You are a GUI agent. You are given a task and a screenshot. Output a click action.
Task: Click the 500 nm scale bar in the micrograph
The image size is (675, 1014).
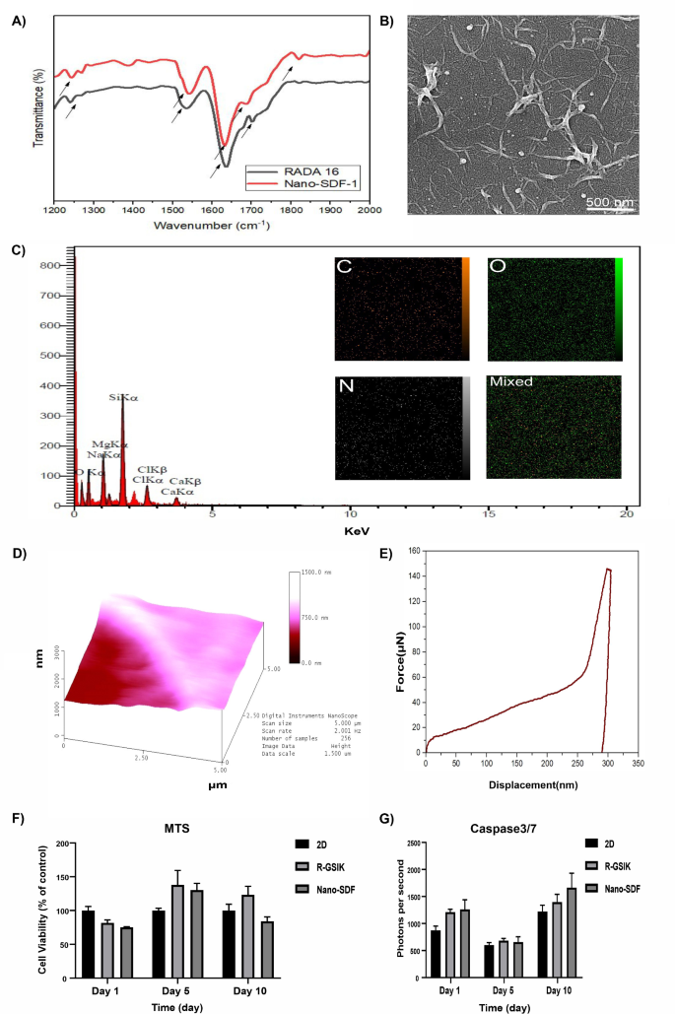coord(610,202)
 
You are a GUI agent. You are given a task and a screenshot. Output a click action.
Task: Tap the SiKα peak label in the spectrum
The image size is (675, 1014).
coord(122,398)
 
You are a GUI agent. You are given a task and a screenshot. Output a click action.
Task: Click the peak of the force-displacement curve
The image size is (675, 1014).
coord(608,569)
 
